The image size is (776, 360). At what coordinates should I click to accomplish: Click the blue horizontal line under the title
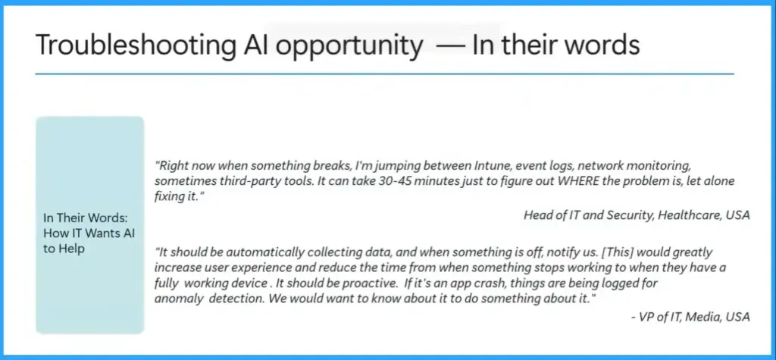click(x=385, y=74)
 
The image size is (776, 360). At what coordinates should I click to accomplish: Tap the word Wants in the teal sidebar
click(x=102, y=233)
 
